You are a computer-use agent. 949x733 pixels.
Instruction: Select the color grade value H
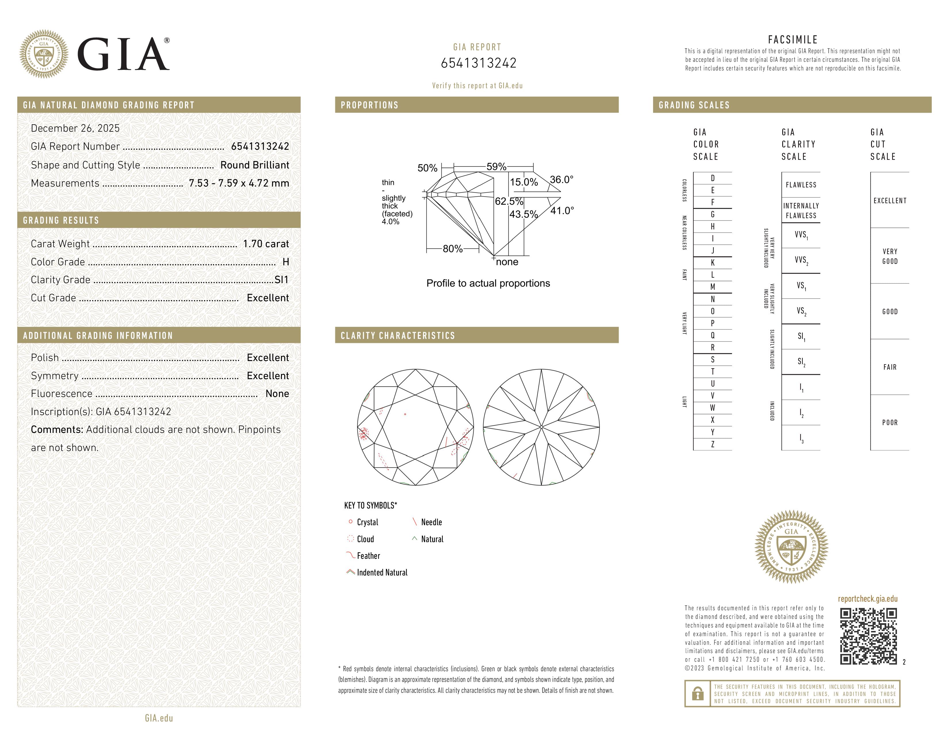pos(286,262)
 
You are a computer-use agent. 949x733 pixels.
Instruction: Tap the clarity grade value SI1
pos(282,280)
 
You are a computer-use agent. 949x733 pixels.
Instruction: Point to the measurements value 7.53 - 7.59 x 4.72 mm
pos(239,183)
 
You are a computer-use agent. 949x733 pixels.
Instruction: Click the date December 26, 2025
pos(75,128)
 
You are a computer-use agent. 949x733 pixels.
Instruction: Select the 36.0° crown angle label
pos(561,179)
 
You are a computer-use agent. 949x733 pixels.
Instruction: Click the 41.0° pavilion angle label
pos(562,211)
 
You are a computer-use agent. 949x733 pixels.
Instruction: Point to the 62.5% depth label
pos(509,201)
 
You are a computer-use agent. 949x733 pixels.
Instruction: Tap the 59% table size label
pos(496,166)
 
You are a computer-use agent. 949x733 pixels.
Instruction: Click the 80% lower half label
pos(452,249)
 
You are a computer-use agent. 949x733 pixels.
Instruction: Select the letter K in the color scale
pos(712,263)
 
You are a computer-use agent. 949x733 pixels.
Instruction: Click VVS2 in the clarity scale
pos(801,260)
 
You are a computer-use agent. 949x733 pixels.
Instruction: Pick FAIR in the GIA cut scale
pos(889,367)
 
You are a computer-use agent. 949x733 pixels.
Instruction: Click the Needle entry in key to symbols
pos(431,522)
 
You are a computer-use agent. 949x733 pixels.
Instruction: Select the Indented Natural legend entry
pos(382,572)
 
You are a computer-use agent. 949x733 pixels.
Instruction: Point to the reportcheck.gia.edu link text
pos(867,599)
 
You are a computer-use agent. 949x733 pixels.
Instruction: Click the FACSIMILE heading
pos(793,39)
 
